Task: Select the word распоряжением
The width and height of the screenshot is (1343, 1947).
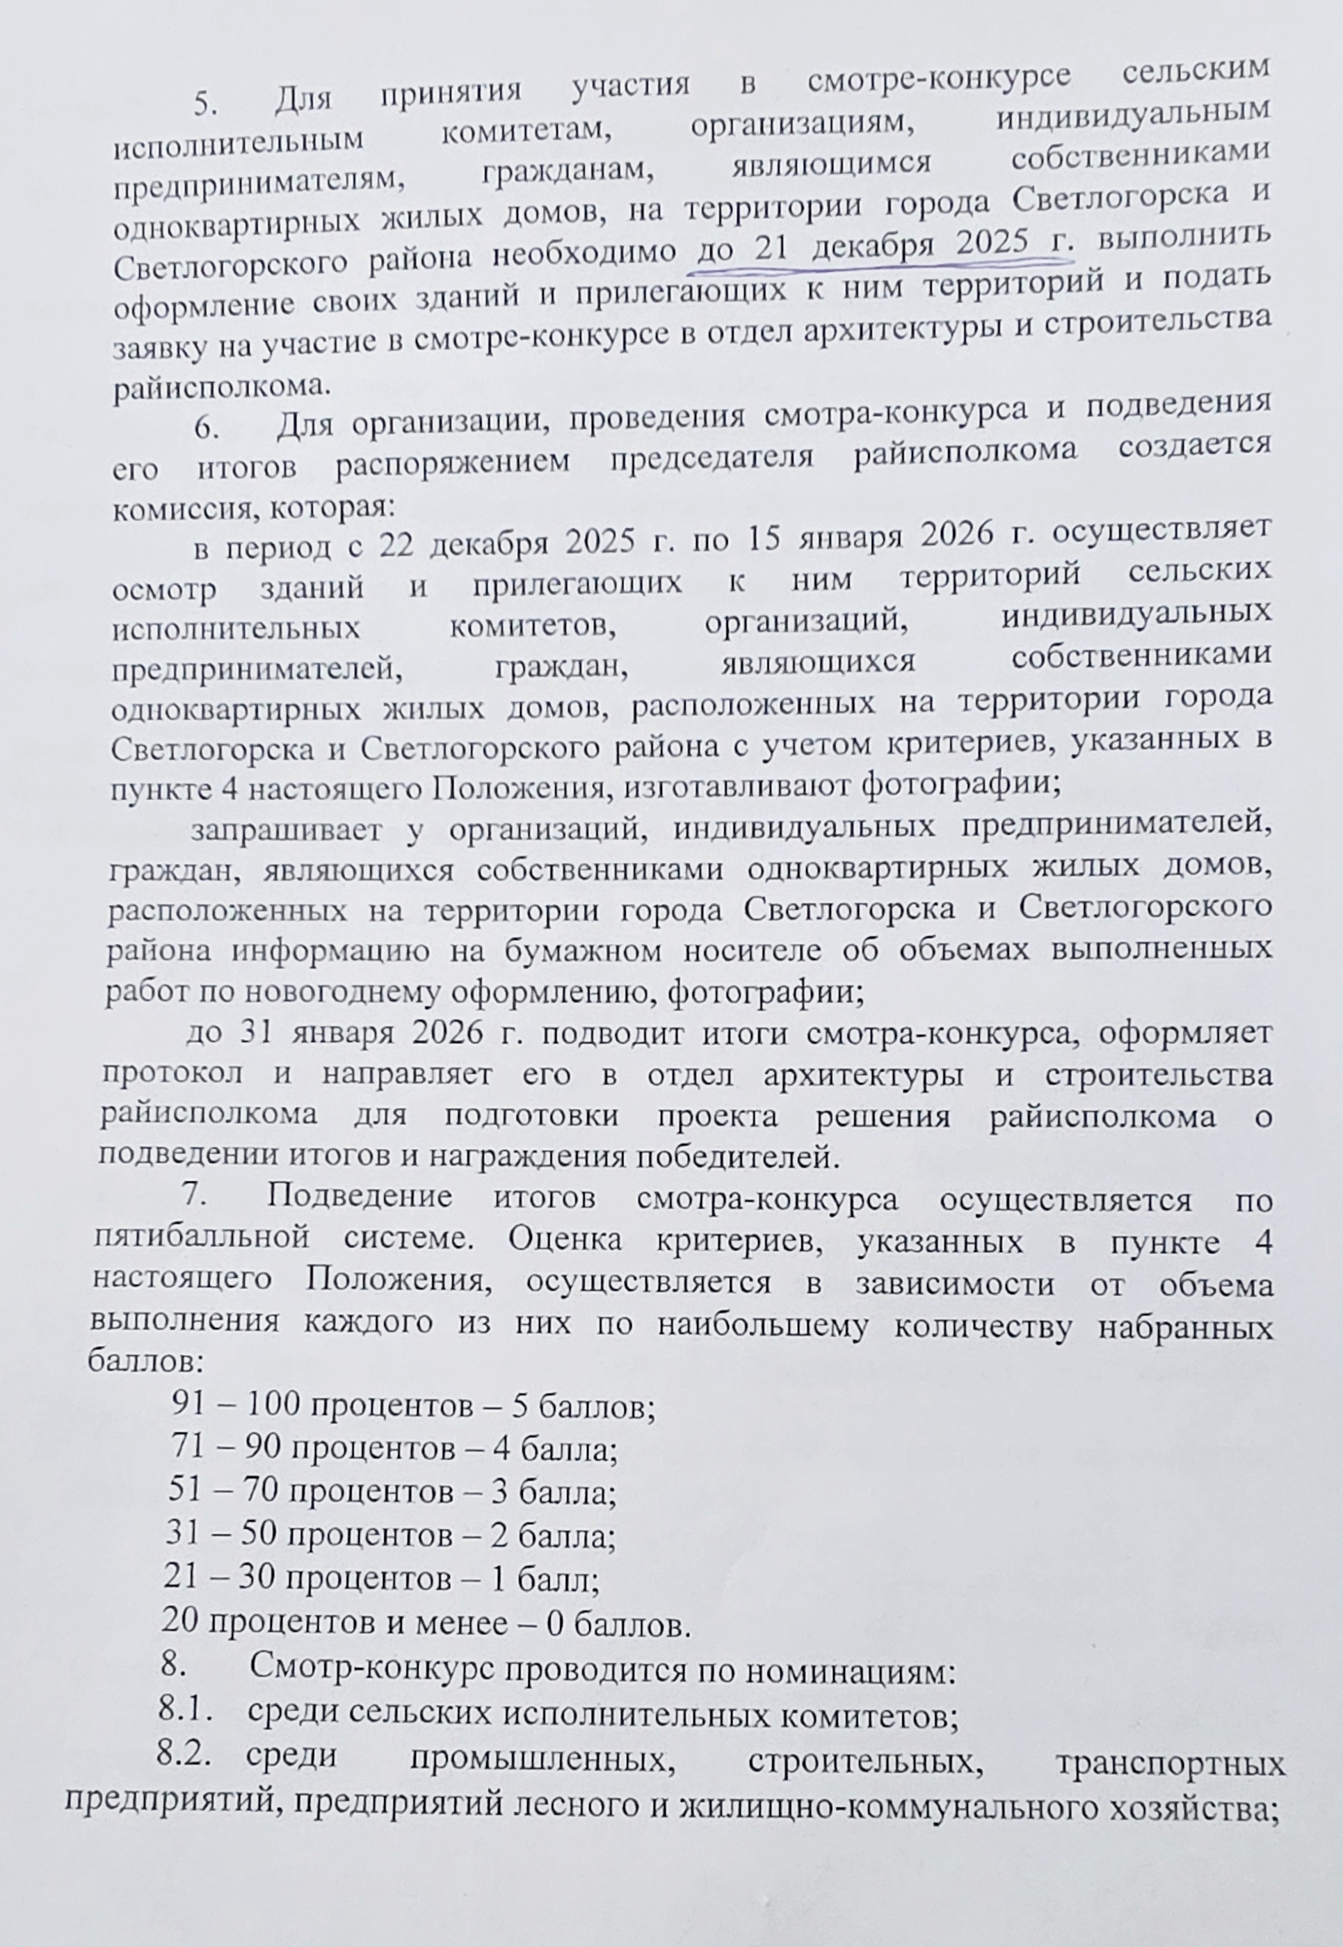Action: (x=453, y=462)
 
